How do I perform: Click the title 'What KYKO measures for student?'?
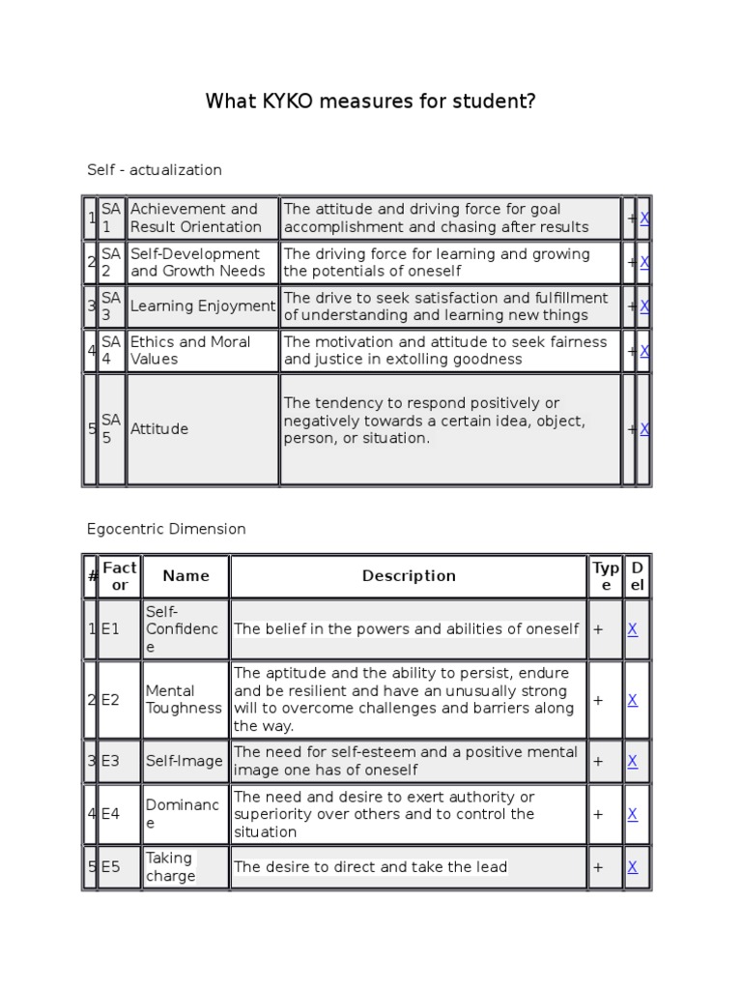click(x=370, y=102)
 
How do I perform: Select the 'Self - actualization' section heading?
click(x=154, y=170)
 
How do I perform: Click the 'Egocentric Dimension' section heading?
click(x=166, y=529)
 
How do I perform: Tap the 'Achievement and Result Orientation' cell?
click(x=201, y=218)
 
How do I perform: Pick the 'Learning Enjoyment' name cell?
click(x=202, y=306)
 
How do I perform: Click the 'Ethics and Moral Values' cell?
click(x=201, y=350)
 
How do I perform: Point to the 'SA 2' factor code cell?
click(x=111, y=262)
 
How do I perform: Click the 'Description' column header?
click(x=409, y=576)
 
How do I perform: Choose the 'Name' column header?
click(x=185, y=576)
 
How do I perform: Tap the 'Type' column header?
click(x=606, y=576)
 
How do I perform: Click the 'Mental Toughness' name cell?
click(x=184, y=699)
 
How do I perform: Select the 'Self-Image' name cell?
click(x=184, y=761)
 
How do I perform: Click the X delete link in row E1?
click(x=633, y=628)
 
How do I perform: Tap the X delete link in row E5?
click(x=633, y=867)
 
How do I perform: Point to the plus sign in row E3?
click(x=598, y=761)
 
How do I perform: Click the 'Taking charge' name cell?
click(x=171, y=867)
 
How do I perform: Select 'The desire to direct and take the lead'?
click(x=371, y=867)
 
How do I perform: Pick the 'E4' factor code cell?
click(x=111, y=814)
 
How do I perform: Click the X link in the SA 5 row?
click(x=644, y=428)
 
